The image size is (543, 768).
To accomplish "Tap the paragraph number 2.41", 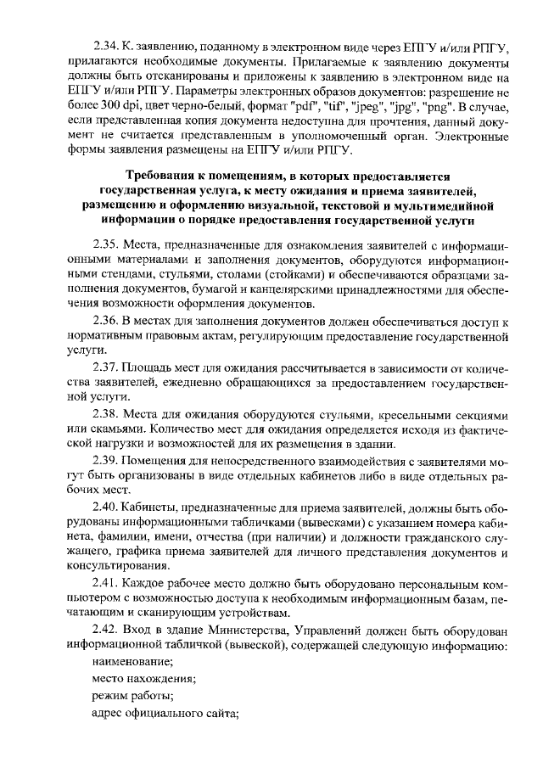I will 106,583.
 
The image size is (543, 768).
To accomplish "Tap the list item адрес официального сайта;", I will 165,713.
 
